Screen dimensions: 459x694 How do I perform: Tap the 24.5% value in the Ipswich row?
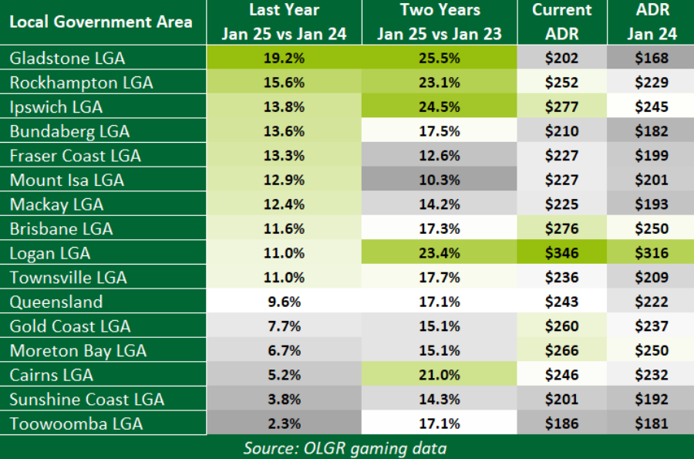pyautogui.click(x=440, y=107)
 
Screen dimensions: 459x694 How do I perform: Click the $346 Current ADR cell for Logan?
pyautogui.click(x=562, y=253)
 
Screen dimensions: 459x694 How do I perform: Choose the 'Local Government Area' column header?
pyautogui.click(x=101, y=22)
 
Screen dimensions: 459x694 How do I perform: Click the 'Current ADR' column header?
pyautogui.click(x=562, y=22)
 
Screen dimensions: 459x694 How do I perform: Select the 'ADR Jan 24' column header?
pyautogui.click(x=650, y=22)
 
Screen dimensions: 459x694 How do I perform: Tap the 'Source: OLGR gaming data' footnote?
pyautogui.click(x=345, y=447)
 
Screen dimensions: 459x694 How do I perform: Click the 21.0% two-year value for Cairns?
pyautogui.click(x=440, y=375)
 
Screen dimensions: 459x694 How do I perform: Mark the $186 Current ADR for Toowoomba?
pyautogui.click(x=562, y=424)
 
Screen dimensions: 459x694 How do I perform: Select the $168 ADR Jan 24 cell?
pyautogui.click(x=650, y=59)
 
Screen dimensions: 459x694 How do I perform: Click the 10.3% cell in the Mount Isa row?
pyautogui.click(x=440, y=181)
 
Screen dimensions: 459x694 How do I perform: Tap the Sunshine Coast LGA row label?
pyautogui.click(x=86, y=400)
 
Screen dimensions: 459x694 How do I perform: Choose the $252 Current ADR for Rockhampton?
pyautogui.click(x=562, y=83)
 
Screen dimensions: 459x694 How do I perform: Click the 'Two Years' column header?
pyautogui.click(x=440, y=11)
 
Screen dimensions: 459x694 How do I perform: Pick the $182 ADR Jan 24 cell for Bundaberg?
pyautogui.click(x=650, y=131)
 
